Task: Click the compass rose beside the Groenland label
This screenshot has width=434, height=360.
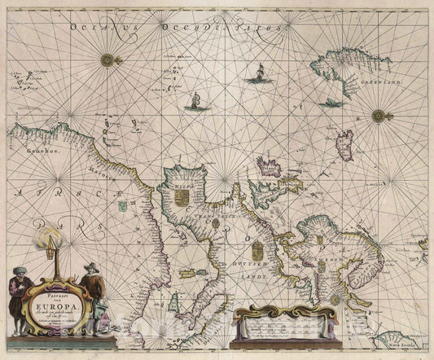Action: click(x=379, y=116)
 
